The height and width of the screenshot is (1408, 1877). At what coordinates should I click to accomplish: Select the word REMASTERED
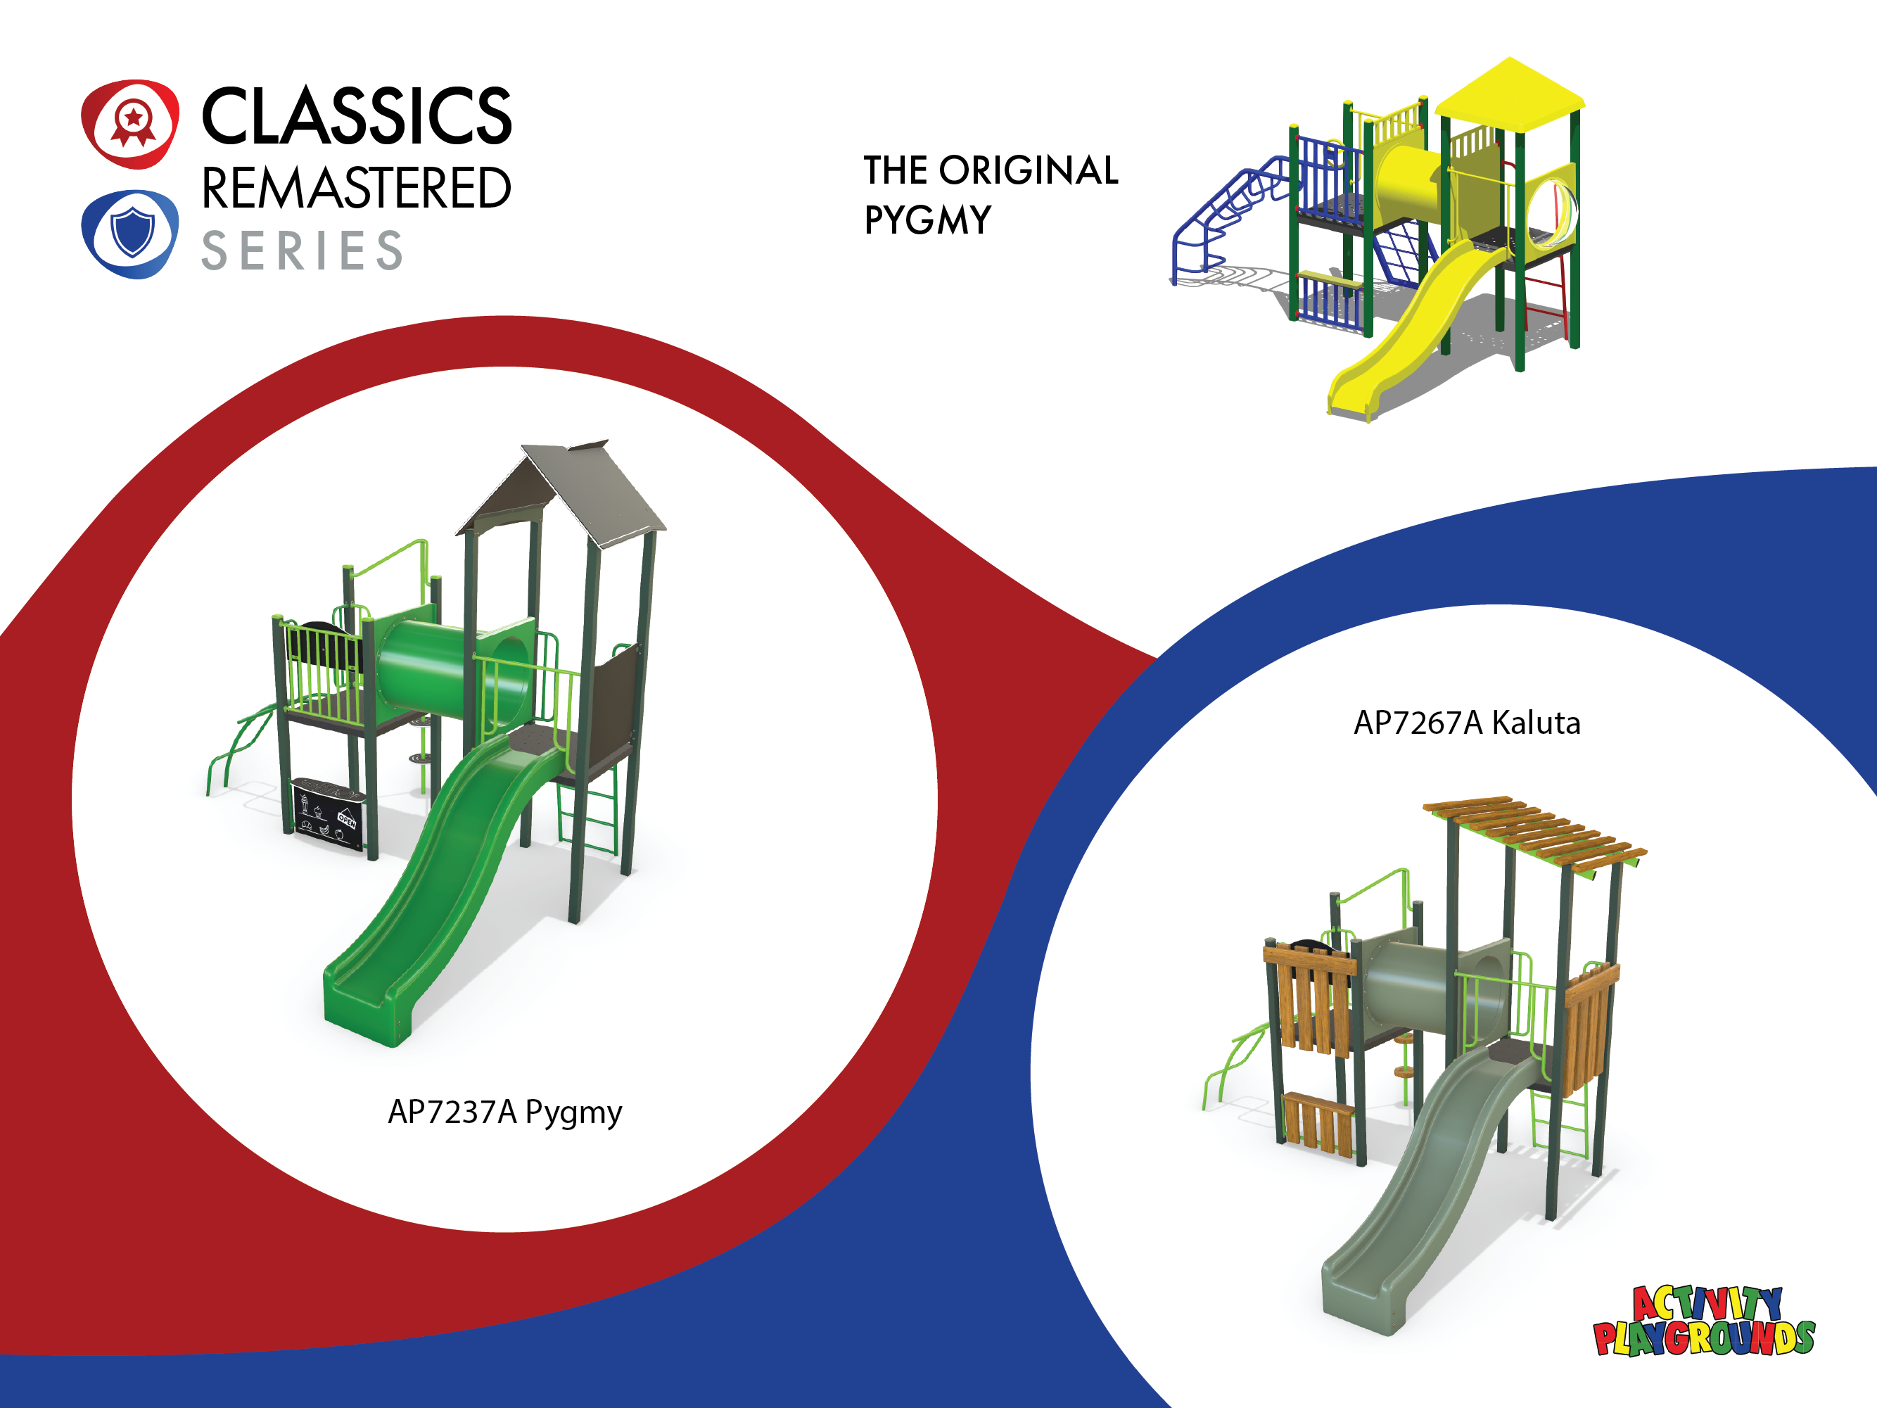tap(357, 188)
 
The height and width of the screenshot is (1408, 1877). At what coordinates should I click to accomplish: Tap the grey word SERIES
tap(302, 250)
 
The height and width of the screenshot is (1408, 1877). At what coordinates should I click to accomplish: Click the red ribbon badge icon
tap(130, 124)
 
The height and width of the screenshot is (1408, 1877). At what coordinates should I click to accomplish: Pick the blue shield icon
tap(130, 234)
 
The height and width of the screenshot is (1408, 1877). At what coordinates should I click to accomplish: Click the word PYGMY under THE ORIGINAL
tap(927, 220)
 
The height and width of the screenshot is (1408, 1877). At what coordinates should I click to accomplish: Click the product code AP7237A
tap(452, 1111)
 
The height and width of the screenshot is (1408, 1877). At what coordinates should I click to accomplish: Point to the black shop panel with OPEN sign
tap(329, 812)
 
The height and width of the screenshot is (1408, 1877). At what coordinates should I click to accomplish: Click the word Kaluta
tap(1536, 723)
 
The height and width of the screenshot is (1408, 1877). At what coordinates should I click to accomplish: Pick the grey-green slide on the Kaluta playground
tap(1425, 1188)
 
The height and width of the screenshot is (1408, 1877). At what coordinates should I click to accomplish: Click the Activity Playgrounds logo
tap(1704, 1321)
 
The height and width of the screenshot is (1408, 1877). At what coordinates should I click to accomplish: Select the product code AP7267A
tap(1418, 723)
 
